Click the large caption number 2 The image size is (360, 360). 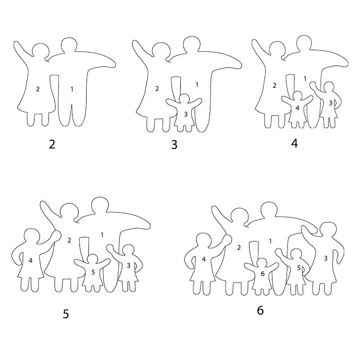pyautogui.click(x=52, y=144)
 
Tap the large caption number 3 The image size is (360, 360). pyautogui.click(x=174, y=145)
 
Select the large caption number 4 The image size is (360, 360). pyautogui.click(x=294, y=144)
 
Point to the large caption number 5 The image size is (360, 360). pyautogui.click(x=66, y=314)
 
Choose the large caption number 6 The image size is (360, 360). pyautogui.click(x=260, y=310)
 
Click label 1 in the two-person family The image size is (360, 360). pyautogui.click(x=72, y=89)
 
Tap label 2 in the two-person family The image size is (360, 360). pyautogui.click(x=38, y=89)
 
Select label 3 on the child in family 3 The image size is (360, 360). pyautogui.click(x=186, y=114)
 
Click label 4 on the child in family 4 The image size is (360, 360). pyautogui.click(x=297, y=108)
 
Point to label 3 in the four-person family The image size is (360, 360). pyautogui.click(x=331, y=103)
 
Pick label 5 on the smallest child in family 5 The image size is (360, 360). pyautogui.click(x=93, y=272)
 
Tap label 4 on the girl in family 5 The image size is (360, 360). pyautogui.click(x=31, y=261)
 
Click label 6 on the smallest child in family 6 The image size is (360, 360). pyautogui.click(x=263, y=274)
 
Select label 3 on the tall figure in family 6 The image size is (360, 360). pyautogui.click(x=325, y=258)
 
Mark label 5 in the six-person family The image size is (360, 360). pyautogui.click(x=299, y=268)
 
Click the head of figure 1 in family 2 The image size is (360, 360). pyautogui.click(x=69, y=45)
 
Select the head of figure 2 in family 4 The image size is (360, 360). pyautogui.click(x=277, y=48)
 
